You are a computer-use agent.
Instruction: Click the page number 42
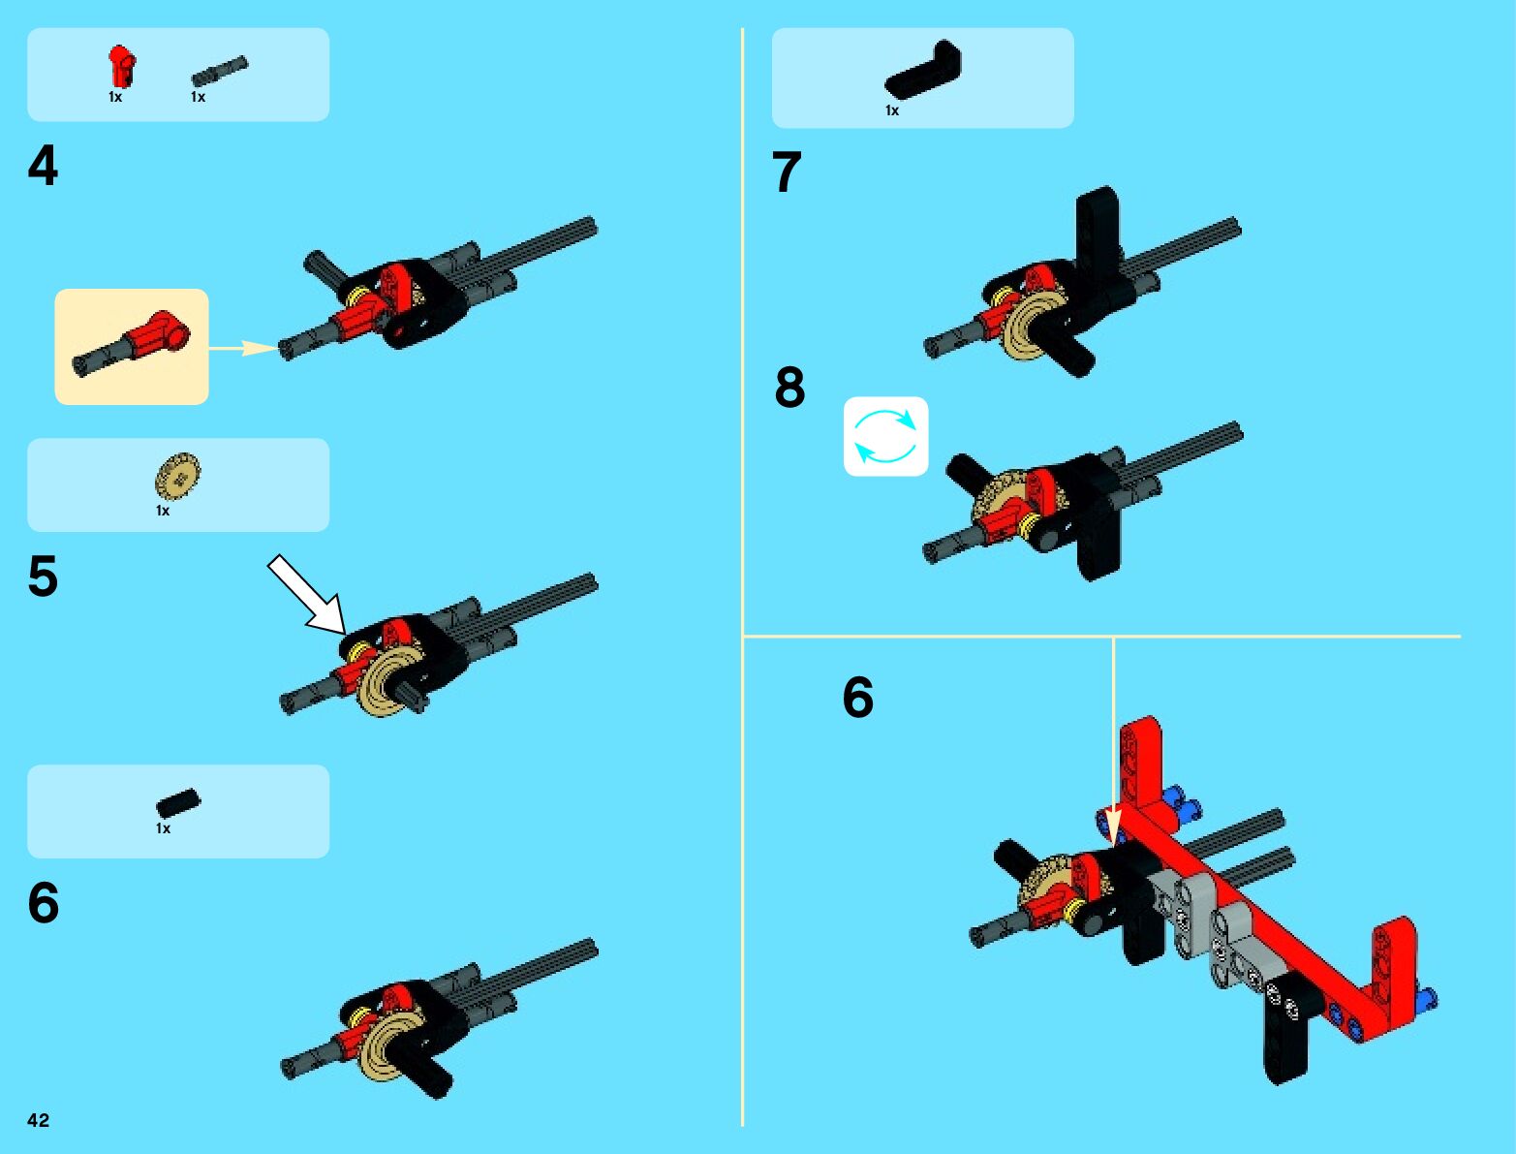click(38, 1120)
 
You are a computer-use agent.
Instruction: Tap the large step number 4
click(43, 166)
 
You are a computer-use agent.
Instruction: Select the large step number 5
click(43, 576)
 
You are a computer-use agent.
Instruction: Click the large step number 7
click(787, 172)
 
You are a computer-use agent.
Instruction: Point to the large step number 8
click(790, 387)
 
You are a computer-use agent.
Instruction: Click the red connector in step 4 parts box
click(121, 66)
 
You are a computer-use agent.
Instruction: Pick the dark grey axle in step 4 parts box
click(219, 71)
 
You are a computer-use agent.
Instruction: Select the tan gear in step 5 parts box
click(177, 475)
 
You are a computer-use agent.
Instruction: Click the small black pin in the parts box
click(178, 803)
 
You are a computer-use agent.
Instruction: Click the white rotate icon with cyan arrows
click(886, 436)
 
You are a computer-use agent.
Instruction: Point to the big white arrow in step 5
click(307, 595)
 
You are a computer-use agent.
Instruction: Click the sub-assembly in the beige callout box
click(131, 343)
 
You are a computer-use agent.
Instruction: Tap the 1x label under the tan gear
click(163, 511)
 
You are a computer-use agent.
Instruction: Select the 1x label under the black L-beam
click(892, 110)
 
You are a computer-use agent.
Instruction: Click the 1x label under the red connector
click(115, 97)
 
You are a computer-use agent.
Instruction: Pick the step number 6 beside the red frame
click(858, 698)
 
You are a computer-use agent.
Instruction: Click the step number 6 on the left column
click(43, 903)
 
